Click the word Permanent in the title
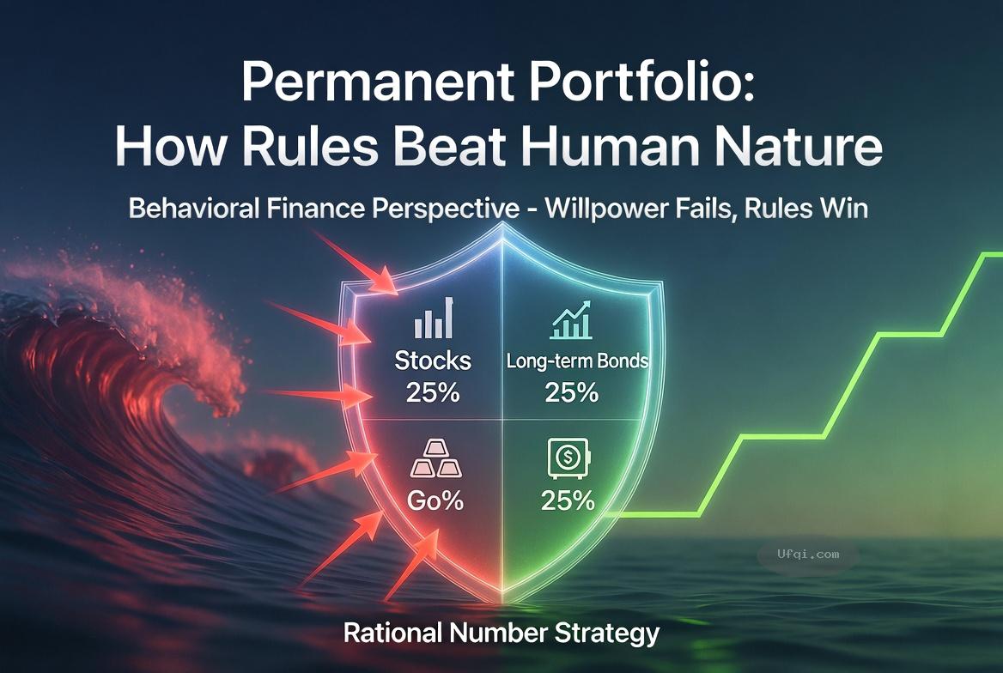(x=377, y=81)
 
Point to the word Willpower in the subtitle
(x=610, y=209)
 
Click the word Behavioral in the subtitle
(x=194, y=209)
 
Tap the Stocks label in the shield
(x=433, y=361)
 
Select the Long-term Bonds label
(x=577, y=361)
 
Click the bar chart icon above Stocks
(x=434, y=318)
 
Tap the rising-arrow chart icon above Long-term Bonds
(x=571, y=320)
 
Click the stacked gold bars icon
(x=435, y=458)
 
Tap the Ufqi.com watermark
(x=809, y=555)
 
